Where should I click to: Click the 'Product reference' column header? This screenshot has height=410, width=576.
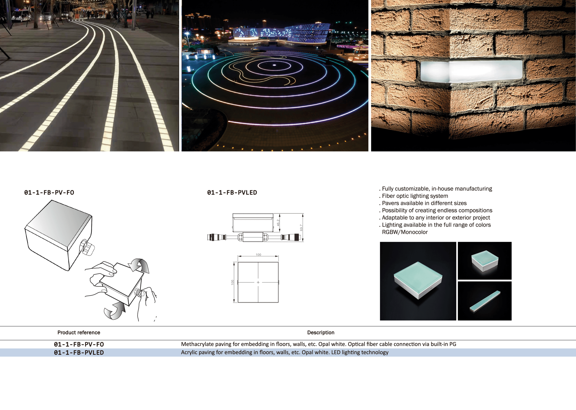79,332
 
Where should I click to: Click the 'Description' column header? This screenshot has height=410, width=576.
321,332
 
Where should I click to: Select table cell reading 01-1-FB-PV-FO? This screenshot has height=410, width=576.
79,344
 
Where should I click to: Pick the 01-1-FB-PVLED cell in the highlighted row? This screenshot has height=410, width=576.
79,353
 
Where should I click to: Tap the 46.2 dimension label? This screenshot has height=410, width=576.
278,222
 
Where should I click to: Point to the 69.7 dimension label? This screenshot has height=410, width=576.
301,228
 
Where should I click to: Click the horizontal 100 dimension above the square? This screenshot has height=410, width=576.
258,255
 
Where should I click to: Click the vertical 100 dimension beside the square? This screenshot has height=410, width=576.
232,282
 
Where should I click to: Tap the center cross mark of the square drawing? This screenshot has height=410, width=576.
258,282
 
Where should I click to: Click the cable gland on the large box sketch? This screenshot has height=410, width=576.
87,247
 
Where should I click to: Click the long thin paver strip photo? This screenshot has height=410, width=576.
485,301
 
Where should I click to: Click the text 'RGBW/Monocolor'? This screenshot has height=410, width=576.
405,232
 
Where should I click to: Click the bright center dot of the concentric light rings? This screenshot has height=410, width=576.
274,65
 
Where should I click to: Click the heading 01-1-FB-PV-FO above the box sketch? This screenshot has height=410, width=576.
49,193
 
